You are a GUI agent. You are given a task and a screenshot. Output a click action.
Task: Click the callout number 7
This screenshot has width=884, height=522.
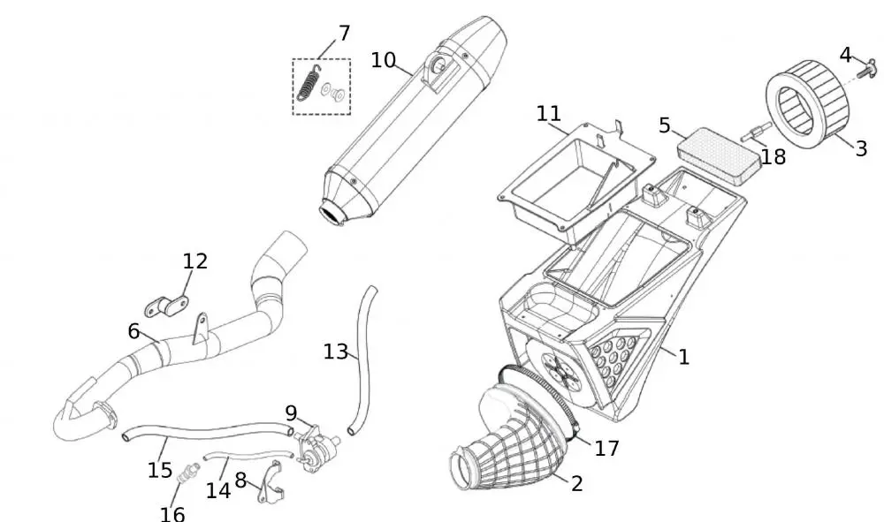(344, 34)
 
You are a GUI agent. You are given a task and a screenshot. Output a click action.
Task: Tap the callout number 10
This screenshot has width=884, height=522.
(383, 60)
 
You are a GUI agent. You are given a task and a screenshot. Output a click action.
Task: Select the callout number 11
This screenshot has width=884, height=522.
(548, 114)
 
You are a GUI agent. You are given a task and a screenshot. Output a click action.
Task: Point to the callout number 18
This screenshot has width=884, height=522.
(773, 157)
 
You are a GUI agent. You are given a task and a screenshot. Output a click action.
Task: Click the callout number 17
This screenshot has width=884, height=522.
(606, 449)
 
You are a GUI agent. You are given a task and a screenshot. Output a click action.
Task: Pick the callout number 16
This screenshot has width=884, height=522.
(172, 512)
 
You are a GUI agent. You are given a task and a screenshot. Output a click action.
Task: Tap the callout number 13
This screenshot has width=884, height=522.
(335, 352)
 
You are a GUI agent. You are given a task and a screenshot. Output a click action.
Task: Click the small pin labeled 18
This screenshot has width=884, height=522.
(754, 134)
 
